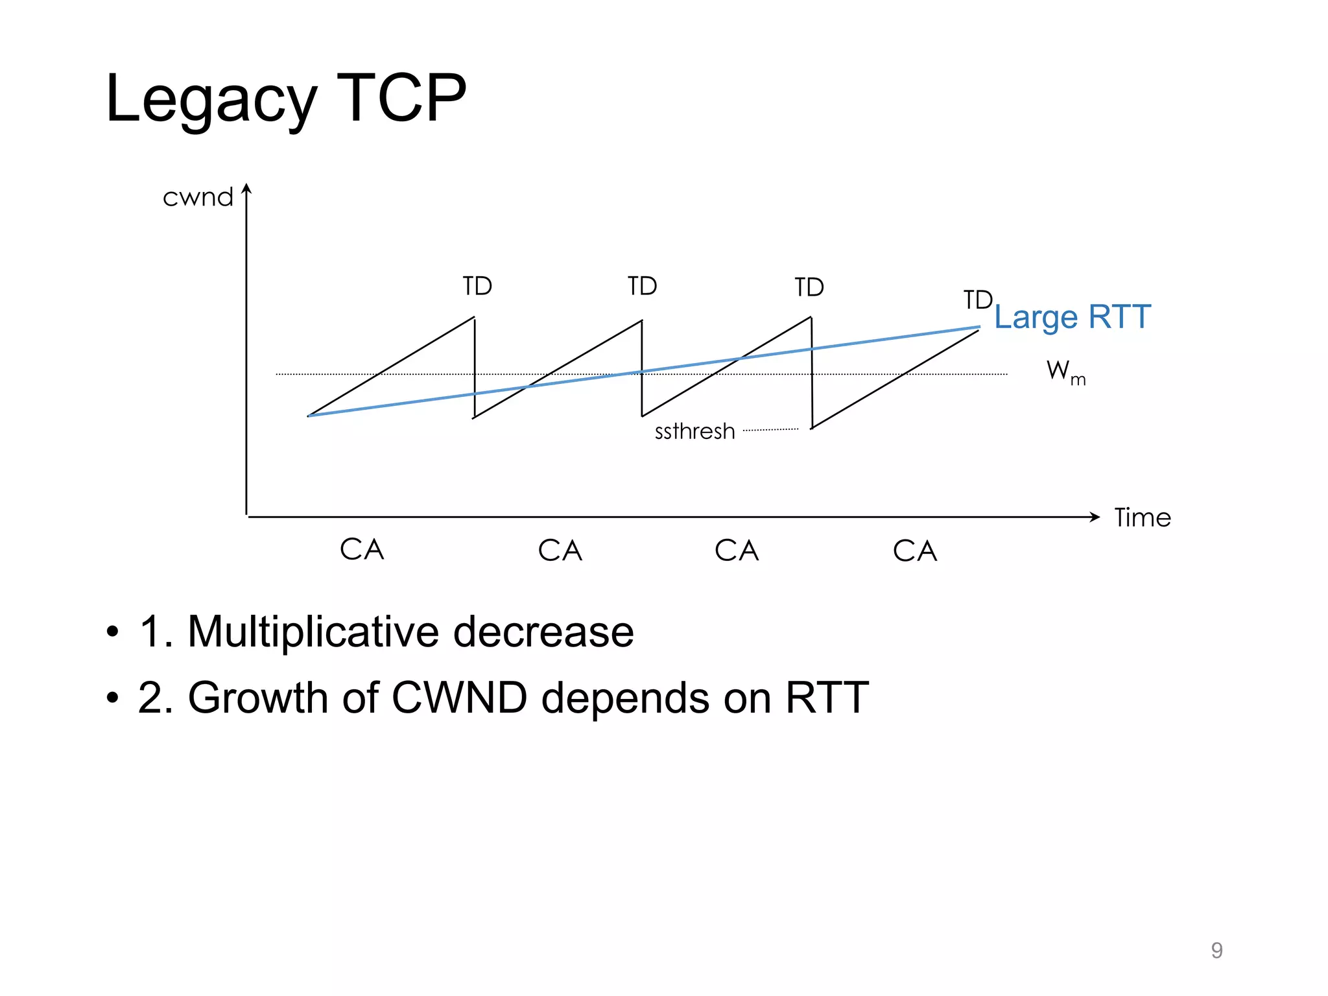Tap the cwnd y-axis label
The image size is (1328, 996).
(198, 198)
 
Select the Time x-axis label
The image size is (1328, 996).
(1143, 518)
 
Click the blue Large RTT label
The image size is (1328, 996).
(1073, 317)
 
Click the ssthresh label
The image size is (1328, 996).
(694, 431)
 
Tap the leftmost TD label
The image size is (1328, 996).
(477, 286)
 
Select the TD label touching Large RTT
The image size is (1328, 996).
(977, 300)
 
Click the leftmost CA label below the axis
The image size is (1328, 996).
(362, 550)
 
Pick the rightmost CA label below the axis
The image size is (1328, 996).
(914, 551)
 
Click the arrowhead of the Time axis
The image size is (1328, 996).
(1095, 517)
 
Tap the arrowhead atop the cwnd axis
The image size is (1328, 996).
(246, 189)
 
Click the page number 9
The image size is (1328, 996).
(1216, 950)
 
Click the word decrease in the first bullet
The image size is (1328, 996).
(543, 632)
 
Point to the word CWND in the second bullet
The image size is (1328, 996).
(459, 698)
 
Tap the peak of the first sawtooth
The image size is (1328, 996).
(474, 318)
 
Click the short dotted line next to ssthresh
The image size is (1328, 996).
(770, 429)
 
